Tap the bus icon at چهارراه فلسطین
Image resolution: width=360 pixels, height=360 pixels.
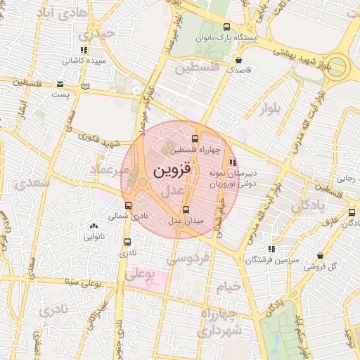coord(196,138)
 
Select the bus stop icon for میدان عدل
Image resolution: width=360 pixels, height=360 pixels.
coord(186,210)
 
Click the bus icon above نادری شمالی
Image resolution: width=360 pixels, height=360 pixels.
coord(127,205)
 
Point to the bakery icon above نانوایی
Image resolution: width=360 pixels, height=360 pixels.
coord(94,226)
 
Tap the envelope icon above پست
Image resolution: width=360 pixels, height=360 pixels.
coord(62,83)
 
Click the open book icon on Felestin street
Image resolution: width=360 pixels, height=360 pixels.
coord(86,86)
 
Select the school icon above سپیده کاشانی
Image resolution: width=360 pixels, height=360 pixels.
coord(84,50)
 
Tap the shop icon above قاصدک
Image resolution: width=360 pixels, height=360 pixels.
coord(240,60)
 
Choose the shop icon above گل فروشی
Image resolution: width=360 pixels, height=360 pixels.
coord(321,256)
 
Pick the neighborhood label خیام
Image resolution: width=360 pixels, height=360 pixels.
coord(228,286)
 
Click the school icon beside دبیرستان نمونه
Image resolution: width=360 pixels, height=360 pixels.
coord(233,164)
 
